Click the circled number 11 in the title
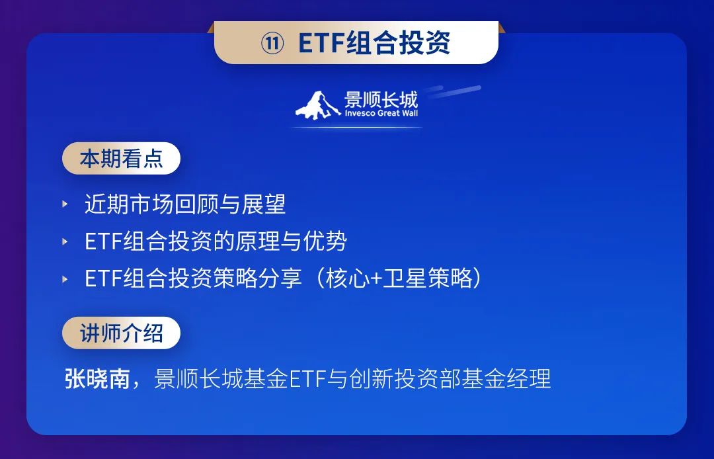tap(272, 43)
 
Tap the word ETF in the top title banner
tap(321, 43)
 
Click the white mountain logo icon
tap(317, 105)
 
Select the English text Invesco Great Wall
tap(381, 113)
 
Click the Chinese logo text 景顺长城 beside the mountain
tap(381, 99)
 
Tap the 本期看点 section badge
tap(121, 159)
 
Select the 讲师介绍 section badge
tap(121, 333)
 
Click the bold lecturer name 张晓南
tap(97, 378)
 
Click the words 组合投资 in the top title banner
tap(398, 43)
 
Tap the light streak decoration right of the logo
tap(454, 91)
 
